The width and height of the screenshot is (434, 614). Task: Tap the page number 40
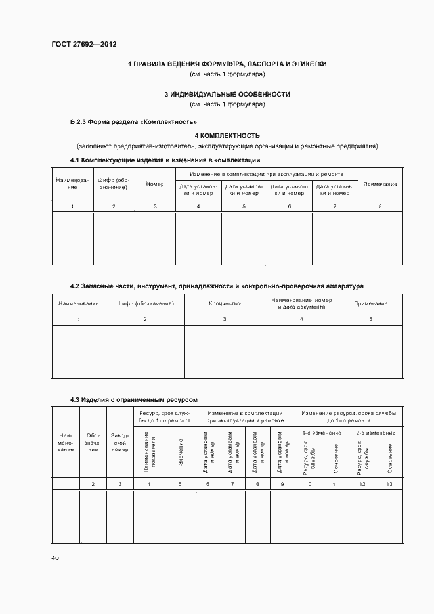click(55, 558)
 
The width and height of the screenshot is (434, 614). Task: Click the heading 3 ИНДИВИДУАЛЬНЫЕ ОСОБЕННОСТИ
click(227, 94)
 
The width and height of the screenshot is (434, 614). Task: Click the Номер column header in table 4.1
click(155, 184)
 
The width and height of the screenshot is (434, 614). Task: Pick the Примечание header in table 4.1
click(380, 184)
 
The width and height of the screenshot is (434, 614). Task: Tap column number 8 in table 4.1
click(380, 207)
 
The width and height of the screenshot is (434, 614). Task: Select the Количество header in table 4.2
click(225, 303)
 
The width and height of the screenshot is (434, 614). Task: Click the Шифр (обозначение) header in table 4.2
click(145, 303)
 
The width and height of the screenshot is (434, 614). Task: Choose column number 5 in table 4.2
click(370, 319)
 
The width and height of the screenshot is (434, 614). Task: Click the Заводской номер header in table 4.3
click(119, 441)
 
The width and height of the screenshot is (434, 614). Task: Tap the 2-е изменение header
click(376, 433)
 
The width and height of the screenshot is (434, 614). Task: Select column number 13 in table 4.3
click(390, 484)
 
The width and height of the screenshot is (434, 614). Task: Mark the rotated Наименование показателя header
click(148, 453)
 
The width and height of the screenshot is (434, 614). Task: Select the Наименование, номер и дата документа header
click(301, 303)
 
